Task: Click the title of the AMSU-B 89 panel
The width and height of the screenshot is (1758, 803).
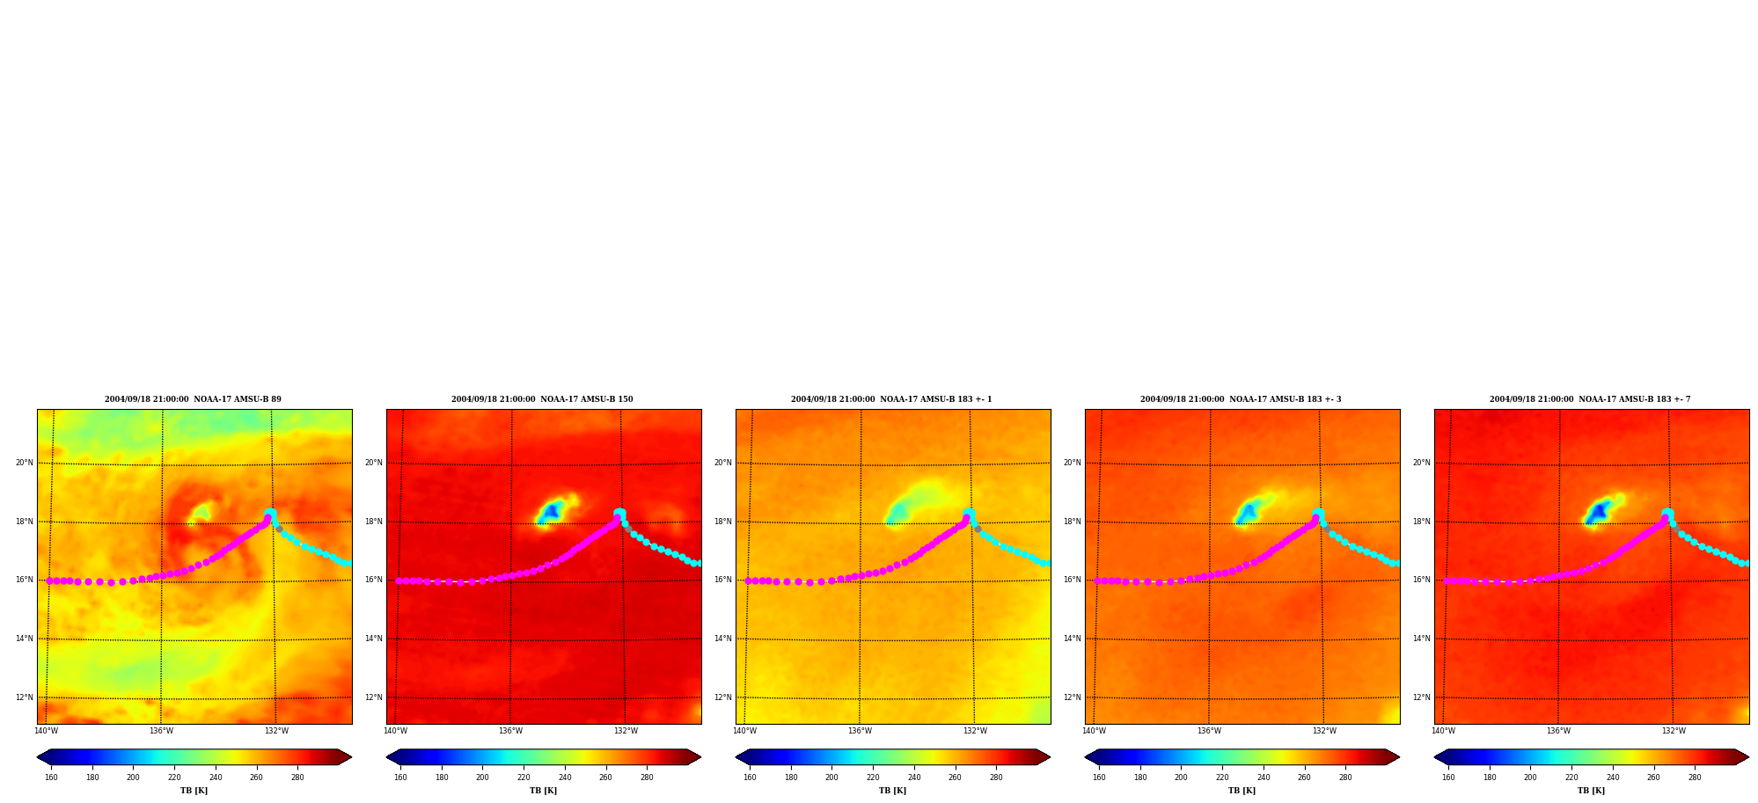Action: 193,399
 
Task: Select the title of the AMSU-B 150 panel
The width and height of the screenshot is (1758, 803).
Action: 542,399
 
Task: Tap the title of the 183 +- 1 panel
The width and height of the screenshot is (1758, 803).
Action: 891,399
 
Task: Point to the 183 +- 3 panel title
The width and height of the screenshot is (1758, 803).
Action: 1241,399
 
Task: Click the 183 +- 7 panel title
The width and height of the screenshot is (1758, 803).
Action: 1590,399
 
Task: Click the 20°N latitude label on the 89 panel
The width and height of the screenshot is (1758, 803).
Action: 24,463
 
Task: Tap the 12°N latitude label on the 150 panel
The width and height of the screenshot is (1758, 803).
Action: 374,697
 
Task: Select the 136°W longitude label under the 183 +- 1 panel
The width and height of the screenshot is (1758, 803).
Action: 860,731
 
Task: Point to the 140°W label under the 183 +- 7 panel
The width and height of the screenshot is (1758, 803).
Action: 1443,731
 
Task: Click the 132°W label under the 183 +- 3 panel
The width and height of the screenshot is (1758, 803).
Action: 1324,731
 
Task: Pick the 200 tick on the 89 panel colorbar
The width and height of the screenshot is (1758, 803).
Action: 133,777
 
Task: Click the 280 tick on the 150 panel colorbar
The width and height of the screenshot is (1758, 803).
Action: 647,777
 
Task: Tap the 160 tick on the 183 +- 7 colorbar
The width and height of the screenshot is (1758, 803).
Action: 1448,777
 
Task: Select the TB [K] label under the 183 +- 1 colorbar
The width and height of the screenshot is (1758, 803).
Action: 892,791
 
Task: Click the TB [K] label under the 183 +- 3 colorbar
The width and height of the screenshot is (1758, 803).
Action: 1242,791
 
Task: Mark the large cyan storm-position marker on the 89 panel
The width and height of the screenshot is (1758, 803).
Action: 270,514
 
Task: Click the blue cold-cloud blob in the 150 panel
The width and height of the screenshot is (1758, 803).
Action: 552,511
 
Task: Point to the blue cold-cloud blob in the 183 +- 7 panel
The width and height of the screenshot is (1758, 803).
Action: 1600,511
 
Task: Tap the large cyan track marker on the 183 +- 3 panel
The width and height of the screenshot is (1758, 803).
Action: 1318,514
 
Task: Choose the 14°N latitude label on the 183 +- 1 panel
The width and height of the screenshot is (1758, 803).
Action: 722,639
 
